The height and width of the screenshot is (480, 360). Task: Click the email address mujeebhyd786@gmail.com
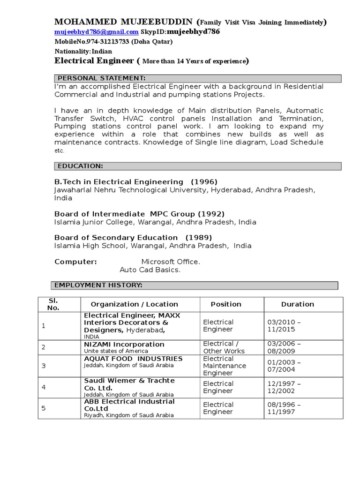[97, 32]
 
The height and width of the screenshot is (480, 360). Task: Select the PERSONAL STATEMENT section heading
[101, 78]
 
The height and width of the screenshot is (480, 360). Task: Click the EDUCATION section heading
[80, 166]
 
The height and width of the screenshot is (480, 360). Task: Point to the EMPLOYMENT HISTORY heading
[98, 285]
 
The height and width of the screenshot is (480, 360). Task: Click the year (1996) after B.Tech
[203, 182]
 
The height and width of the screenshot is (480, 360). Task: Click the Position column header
[226, 304]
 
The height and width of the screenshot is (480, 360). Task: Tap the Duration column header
[297, 304]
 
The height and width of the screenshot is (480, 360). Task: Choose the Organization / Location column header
[135, 304]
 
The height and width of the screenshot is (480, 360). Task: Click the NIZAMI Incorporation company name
[124, 344]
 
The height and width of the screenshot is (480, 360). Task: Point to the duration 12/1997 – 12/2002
[284, 387]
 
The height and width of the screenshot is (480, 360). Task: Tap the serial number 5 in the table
[44, 408]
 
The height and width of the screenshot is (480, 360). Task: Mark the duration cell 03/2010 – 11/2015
[284, 326]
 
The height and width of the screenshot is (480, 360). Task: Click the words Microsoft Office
[171, 262]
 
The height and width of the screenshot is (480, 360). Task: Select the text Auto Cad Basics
[150, 270]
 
